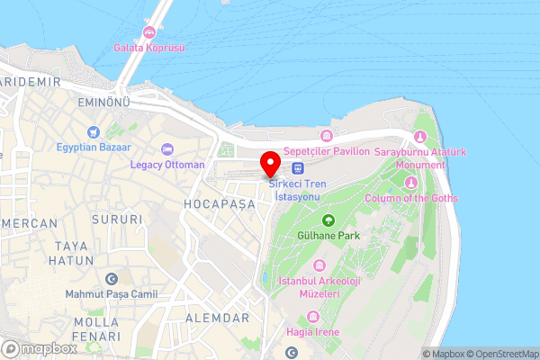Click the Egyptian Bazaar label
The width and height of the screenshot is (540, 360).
point(94,147)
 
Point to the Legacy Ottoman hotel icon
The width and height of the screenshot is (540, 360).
point(166,149)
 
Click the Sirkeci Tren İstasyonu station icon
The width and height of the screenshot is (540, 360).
point(297,167)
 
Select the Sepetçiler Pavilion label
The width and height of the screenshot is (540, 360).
point(326,151)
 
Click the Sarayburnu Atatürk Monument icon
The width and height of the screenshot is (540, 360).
point(419,137)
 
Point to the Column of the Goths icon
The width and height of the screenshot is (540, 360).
point(410,183)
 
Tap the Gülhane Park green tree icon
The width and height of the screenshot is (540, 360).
point(328,220)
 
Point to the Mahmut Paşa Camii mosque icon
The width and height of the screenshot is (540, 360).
point(112,279)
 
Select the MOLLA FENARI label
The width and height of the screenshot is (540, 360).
point(97,328)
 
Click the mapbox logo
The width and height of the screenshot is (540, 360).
point(40,348)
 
